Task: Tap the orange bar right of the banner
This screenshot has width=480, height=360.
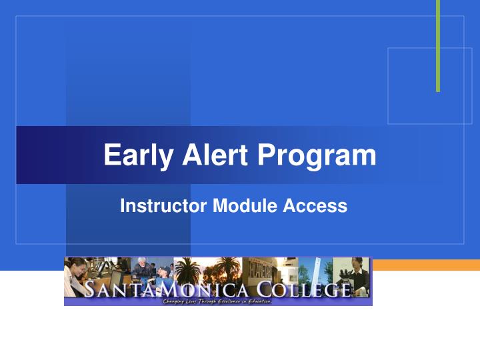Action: (426, 265)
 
